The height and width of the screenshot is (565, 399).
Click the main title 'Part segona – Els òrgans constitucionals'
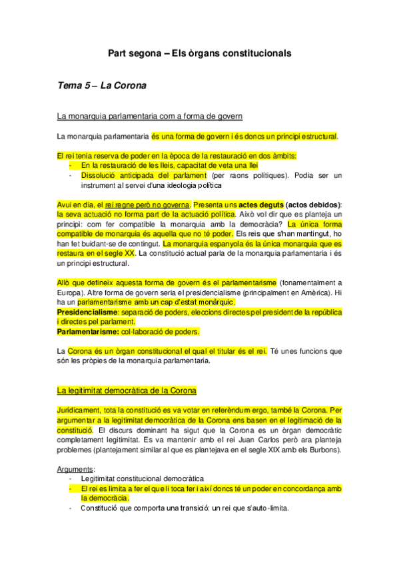[x=199, y=53]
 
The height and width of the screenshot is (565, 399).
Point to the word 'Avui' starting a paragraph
[x=65, y=204]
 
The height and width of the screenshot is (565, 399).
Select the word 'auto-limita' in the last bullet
[x=272, y=508]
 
